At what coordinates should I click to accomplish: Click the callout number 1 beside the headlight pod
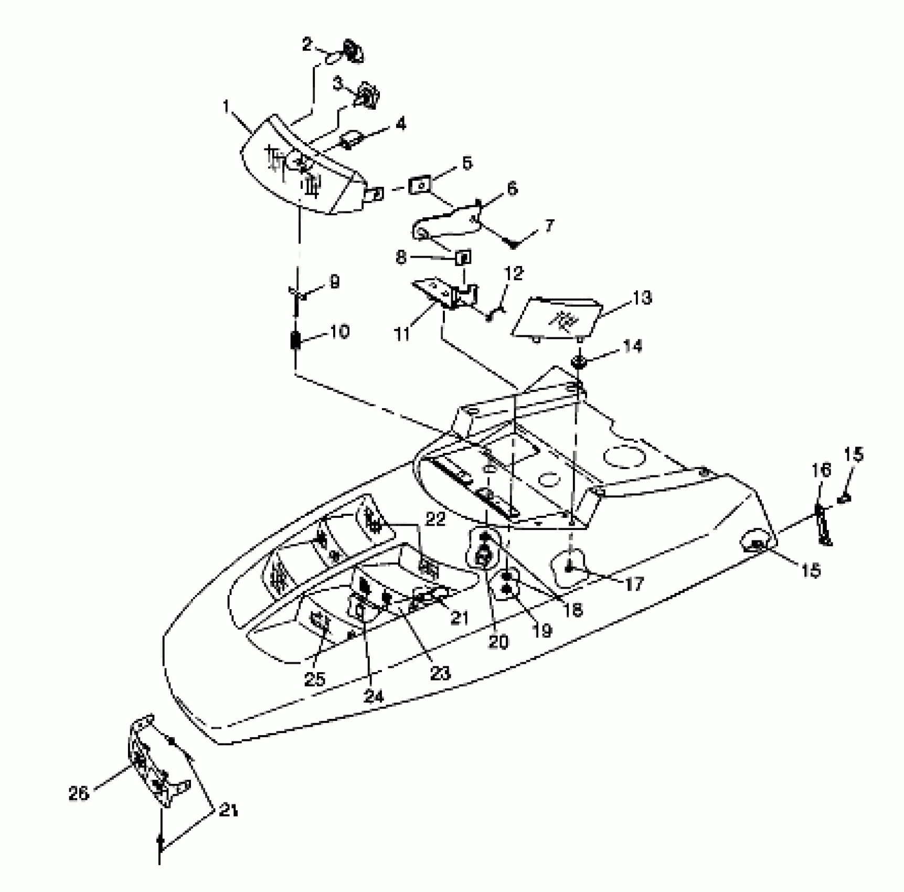pos(227,107)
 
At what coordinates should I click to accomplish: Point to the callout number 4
pos(400,124)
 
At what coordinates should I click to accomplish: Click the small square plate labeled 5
pos(419,185)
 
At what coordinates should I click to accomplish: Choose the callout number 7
pos(549,226)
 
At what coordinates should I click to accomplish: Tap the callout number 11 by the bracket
pos(402,334)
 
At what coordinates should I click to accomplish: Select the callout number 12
pos(514,273)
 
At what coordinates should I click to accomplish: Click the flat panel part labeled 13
pos(556,317)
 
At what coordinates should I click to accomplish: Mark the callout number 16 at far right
pos(822,470)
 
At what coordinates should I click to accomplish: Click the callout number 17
pos(634,582)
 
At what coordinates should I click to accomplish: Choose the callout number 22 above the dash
pos(435,519)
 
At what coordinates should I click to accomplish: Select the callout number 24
pos(374,696)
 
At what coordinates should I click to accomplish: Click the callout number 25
pos(315,679)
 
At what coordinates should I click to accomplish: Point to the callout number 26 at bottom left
pos(79,793)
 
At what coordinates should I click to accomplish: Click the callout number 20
pos(498,641)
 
